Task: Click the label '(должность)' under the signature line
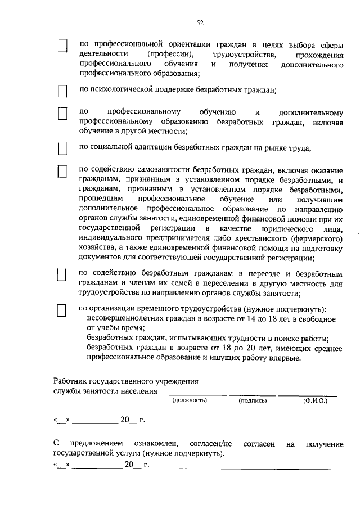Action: coord(190,400)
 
